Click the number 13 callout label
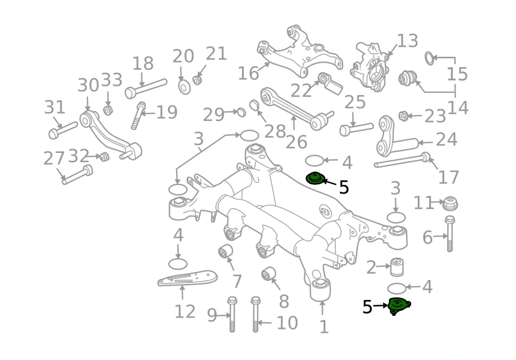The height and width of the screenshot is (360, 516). (408, 41)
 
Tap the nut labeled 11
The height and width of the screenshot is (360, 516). (449, 203)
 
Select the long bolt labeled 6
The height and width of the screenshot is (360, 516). (449, 233)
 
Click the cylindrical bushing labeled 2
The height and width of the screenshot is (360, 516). (397, 267)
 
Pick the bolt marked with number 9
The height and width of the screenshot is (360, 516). (232, 314)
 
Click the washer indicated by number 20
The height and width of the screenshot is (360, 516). (184, 87)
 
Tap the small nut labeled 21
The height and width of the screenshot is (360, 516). (197, 80)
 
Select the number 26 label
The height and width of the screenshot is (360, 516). (296, 142)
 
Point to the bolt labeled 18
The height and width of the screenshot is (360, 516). (146, 88)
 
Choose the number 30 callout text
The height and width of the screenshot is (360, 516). (88, 85)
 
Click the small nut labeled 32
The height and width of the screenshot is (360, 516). (104, 156)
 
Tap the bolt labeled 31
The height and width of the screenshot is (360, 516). (62, 130)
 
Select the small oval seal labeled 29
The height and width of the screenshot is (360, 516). (241, 112)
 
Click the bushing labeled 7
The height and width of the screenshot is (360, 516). (225, 252)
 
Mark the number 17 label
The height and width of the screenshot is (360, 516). (448, 177)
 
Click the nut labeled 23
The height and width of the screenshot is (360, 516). (403, 116)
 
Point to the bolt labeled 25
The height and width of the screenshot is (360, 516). (356, 129)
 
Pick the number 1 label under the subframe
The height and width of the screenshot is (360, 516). (324, 327)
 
